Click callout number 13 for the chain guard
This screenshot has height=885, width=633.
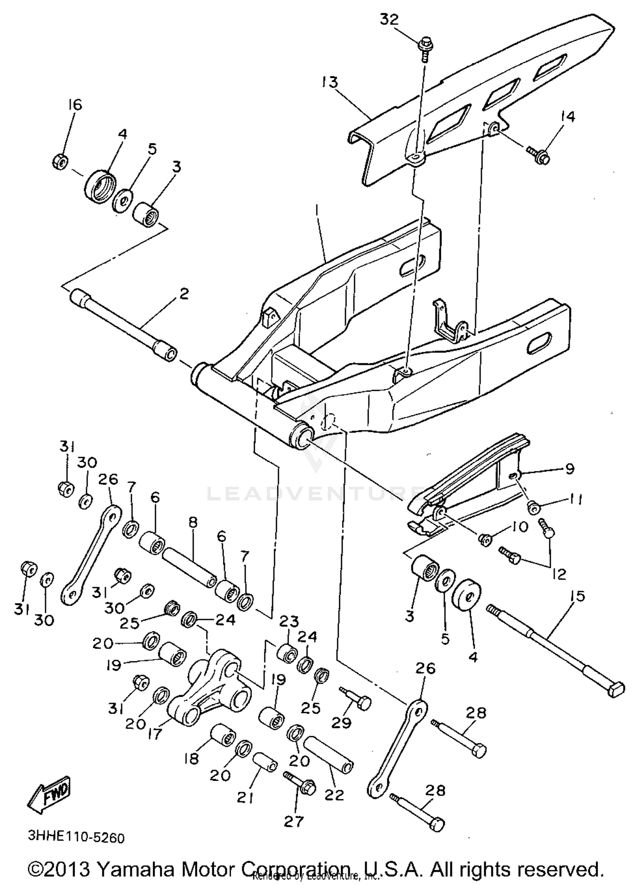[x=329, y=82]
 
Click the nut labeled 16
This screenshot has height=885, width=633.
[x=60, y=161]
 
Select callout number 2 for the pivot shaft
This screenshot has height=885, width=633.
[x=184, y=294]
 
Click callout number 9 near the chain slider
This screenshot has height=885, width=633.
[x=570, y=468]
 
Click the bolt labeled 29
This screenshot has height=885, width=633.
[x=357, y=701]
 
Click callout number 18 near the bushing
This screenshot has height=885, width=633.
[x=192, y=759]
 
